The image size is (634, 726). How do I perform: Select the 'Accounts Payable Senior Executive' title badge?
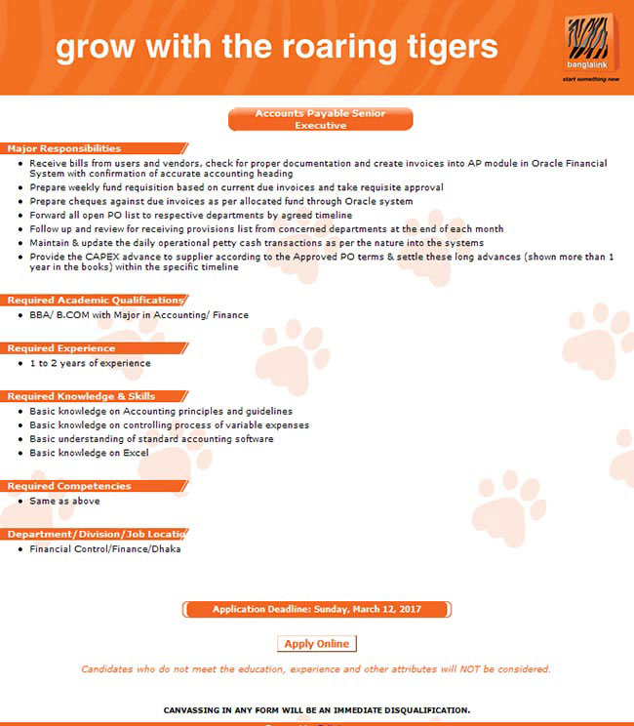pos(320,119)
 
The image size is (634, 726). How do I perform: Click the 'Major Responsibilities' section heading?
pos(64,148)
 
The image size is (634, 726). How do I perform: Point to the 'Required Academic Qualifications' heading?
pos(95,301)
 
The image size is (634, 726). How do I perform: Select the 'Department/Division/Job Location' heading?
pos(96,534)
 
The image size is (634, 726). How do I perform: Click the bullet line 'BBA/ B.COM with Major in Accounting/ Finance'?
pos(139,315)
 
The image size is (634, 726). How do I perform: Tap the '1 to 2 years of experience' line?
pos(90,363)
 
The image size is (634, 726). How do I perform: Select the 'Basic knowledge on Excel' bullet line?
pos(89,453)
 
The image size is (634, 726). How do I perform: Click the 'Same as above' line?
pos(64,501)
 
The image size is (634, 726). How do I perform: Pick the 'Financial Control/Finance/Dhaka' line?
pos(104,548)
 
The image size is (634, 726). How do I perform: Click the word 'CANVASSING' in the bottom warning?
pos(195,709)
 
